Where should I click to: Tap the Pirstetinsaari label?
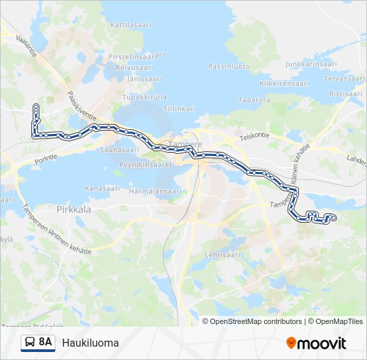pos(133,58)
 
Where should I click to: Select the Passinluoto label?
pos(229,66)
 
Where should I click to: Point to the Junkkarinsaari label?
pos(310,64)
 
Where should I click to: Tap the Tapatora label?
pos(254,99)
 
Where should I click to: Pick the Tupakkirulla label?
pos(145,97)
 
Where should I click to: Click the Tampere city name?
pos(186,144)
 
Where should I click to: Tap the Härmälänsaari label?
pos(155,191)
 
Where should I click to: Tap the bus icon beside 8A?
pos(29,343)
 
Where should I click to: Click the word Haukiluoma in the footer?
pos(90,343)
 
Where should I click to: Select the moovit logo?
pos(316,343)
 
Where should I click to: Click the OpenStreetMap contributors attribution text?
pos(256,321)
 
